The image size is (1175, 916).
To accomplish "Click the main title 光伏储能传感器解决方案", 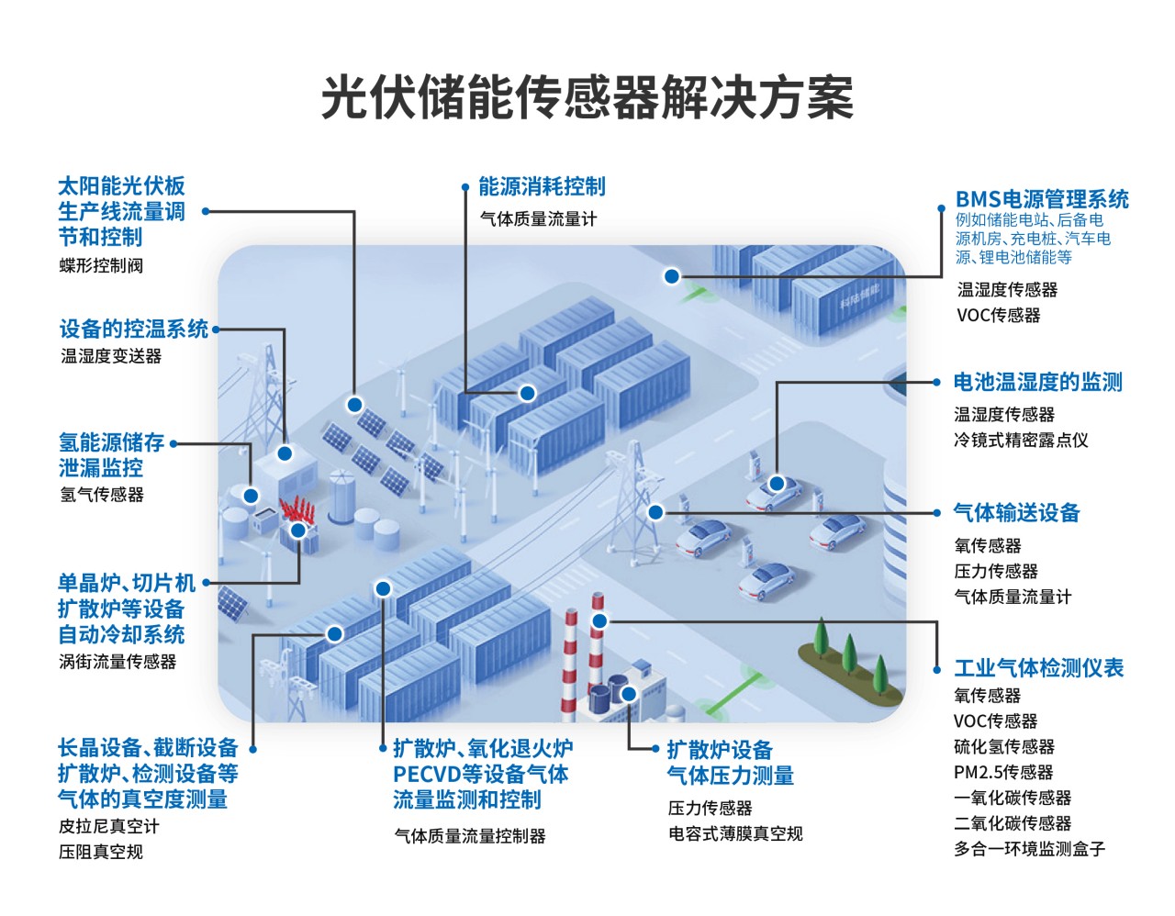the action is tap(587, 97).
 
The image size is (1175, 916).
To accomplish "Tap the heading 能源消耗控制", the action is tap(542, 186).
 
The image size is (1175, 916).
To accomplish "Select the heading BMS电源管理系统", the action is tap(1042, 199).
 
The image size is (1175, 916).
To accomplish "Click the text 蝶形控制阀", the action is tap(101, 265).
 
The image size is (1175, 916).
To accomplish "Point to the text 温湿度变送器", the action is tap(111, 355).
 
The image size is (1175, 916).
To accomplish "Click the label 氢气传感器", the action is tap(102, 494).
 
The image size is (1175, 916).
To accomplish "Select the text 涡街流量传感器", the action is tap(117, 661).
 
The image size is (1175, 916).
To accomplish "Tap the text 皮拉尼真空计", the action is tap(109, 826).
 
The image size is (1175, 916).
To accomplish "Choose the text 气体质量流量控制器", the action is tap(470, 835).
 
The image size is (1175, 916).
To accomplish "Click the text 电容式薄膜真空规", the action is tap(735, 833).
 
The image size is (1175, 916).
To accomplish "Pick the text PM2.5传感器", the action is tap(1003, 772).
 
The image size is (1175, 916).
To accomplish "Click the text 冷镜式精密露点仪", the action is tap(1021, 440).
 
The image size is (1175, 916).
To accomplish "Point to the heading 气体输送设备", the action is tap(1016, 512).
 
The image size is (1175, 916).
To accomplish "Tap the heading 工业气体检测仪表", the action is tap(1039, 667).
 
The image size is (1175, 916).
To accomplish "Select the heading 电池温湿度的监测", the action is tap(1037, 382).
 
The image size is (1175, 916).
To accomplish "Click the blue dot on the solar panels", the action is tap(354, 404).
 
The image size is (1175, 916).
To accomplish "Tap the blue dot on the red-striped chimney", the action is tap(599, 621).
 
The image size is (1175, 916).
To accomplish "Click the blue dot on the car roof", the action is tap(777, 483).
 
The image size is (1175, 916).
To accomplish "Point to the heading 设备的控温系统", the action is tap(133, 329).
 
